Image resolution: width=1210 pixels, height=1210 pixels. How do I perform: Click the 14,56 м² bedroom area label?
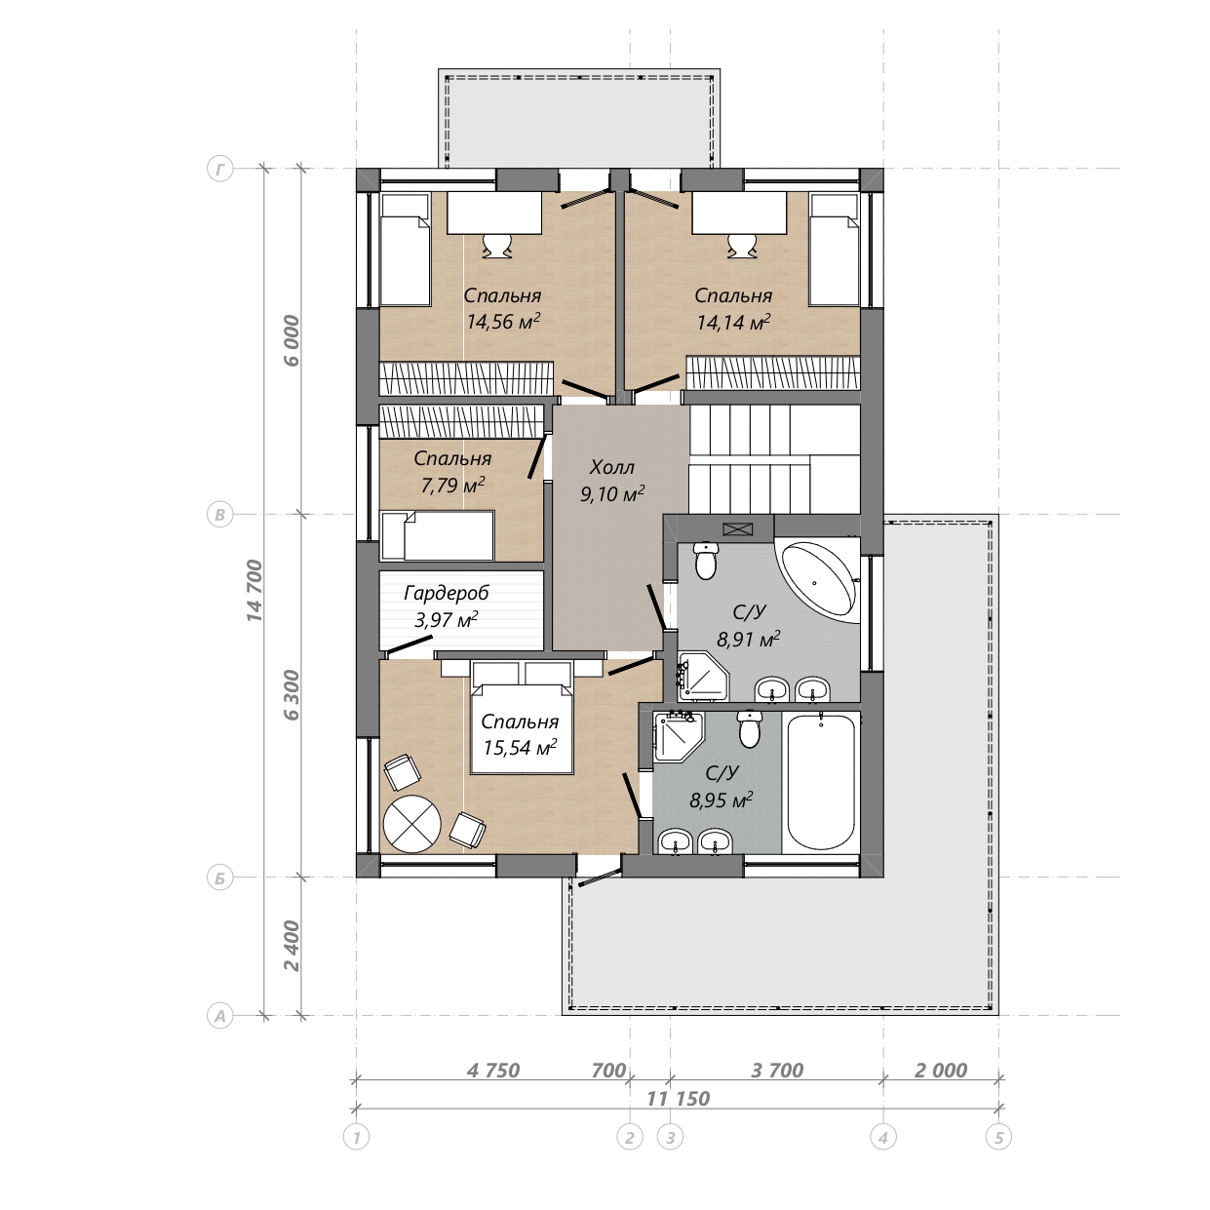(503, 322)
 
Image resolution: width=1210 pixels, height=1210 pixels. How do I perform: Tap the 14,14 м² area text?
(733, 323)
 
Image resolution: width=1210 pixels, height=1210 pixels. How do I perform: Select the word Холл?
(611, 467)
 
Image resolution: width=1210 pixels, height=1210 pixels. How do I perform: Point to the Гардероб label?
(446, 593)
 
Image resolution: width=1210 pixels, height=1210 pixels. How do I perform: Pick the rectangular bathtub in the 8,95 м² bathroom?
(821, 782)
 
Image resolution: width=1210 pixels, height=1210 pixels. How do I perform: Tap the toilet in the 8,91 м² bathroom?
(706, 561)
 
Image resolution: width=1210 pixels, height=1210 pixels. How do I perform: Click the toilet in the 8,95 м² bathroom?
(749, 729)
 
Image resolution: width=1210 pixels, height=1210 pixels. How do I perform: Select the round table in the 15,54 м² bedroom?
(411, 824)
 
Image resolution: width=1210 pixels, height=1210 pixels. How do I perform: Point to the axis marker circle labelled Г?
(219, 169)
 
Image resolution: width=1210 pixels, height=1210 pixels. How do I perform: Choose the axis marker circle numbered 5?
(998, 1137)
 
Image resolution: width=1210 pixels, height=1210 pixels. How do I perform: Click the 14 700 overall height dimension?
(254, 590)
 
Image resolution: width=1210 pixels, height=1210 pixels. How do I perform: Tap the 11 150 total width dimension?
(679, 1098)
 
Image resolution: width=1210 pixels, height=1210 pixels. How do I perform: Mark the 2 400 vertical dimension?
(292, 946)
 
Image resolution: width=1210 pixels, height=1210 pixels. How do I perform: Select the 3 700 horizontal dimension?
(777, 1070)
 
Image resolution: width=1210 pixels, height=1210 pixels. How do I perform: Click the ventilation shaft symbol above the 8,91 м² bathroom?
(738, 528)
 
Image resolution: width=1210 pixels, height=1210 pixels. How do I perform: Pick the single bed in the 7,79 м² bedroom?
(438, 535)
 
